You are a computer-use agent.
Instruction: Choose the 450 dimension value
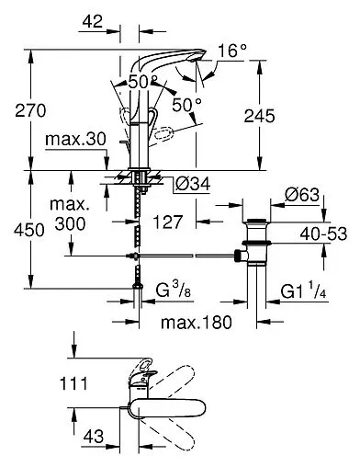pos(17,230)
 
